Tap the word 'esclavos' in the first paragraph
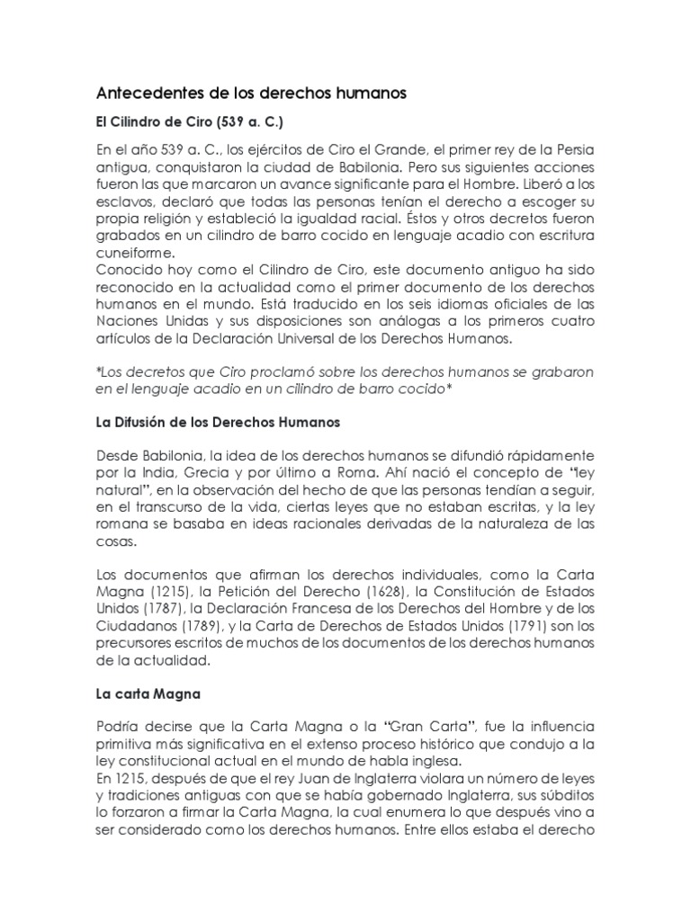124,201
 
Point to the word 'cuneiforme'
135,255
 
